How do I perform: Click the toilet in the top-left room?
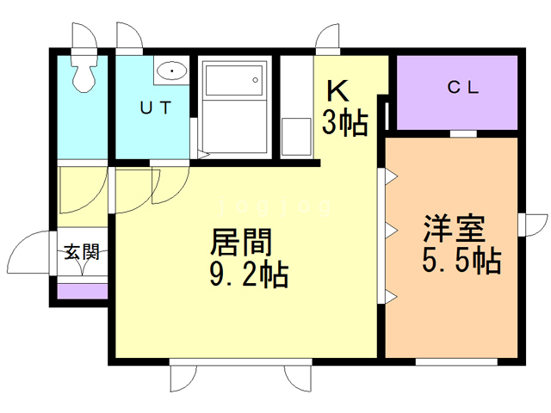[x=84, y=77]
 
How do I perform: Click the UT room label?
[x=155, y=108]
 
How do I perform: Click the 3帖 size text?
[x=345, y=123]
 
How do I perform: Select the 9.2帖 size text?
[x=248, y=275]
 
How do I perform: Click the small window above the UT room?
[x=131, y=38]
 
